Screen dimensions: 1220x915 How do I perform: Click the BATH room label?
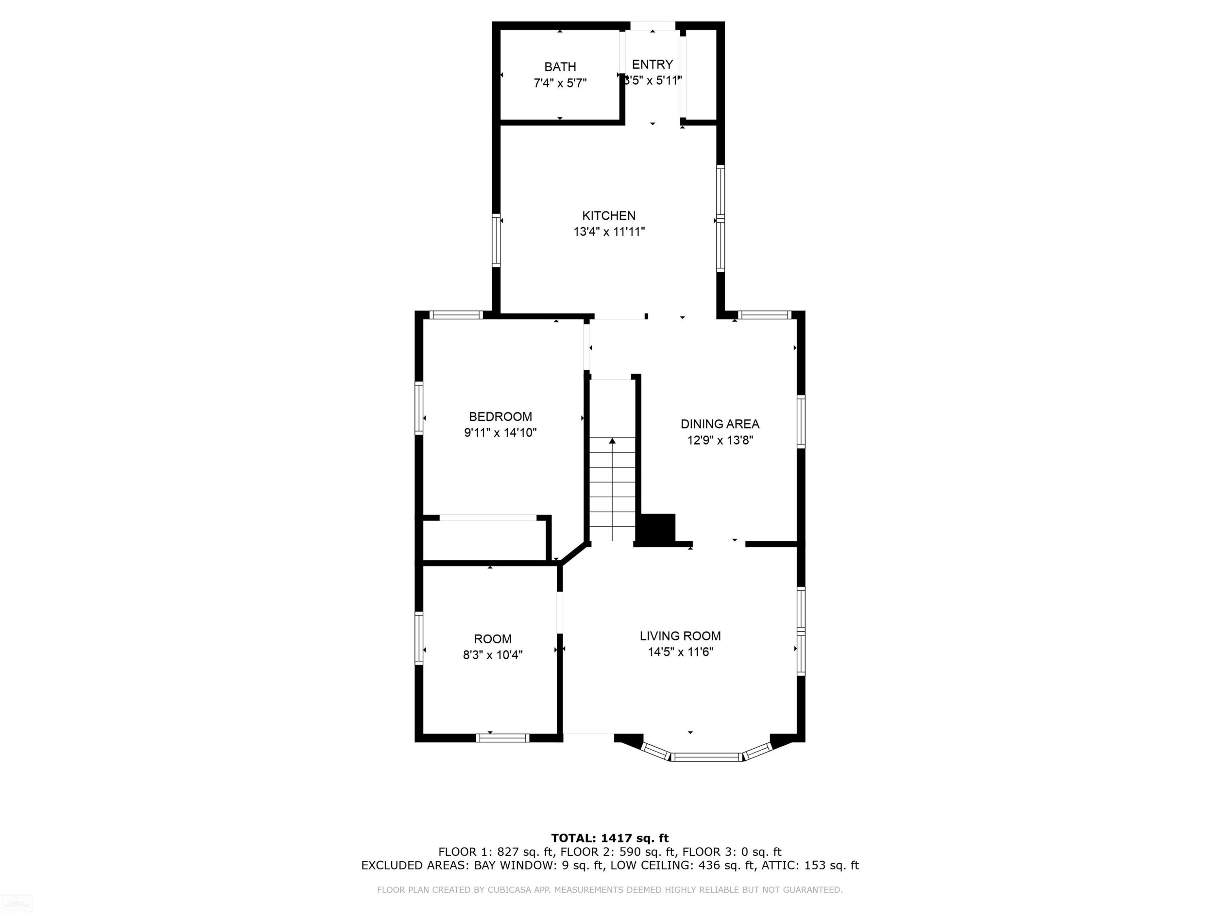(x=560, y=67)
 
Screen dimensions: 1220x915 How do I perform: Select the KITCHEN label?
(x=609, y=216)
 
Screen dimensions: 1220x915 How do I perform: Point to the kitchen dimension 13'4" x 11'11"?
(x=609, y=232)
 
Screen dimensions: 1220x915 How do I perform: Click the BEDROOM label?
(x=500, y=416)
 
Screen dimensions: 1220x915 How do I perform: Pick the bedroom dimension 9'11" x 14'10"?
(x=500, y=432)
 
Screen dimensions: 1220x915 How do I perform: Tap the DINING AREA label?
(x=720, y=424)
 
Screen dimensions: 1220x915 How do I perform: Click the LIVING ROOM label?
(x=680, y=636)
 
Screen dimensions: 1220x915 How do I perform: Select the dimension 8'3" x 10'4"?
(x=492, y=655)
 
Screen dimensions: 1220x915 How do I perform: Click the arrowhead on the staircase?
(x=612, y=441)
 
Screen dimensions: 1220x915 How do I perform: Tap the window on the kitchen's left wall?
(x=496, y=240)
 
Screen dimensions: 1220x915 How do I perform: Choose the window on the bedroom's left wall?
(x=418, y=408)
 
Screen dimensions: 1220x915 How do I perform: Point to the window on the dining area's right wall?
(x=801, y=421)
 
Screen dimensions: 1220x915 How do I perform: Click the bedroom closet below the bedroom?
(x=485, y=539)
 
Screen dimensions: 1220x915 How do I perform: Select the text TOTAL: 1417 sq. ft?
(x=610, y=838)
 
